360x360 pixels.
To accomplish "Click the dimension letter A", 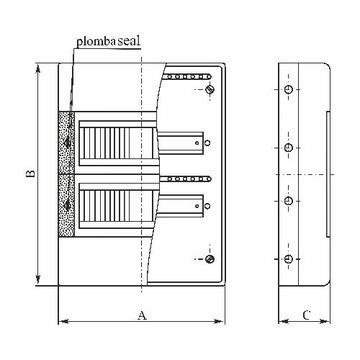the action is click(x=142, y=315).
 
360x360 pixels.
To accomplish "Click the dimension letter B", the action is click(x=31, y=174).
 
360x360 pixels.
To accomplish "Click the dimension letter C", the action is click(x=307, y=315).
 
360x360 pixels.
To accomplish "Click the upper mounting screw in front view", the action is click(x=210, y=89).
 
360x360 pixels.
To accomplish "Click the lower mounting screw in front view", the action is click(x=210, y=259).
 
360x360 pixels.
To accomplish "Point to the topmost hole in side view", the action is click(x=288, y=89).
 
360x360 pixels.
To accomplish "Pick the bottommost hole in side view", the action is click(x=288, y=259).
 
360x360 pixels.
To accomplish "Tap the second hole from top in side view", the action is click(x=288, y=147).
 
